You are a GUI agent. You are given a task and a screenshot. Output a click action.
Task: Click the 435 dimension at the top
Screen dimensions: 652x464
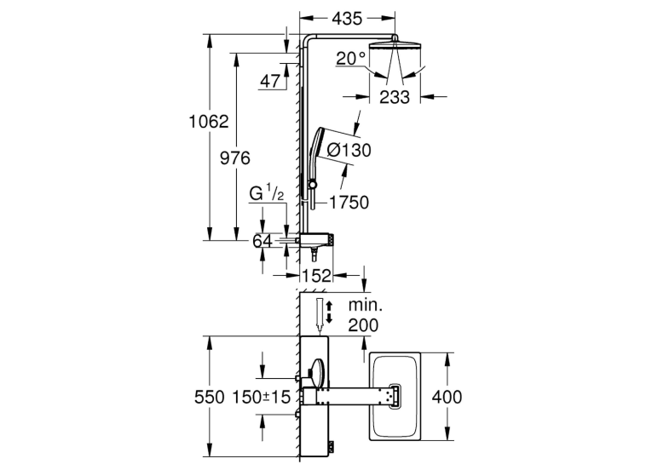(x=347, y=19)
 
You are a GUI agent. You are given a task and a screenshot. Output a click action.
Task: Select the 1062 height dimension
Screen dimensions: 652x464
(x=209, y=122)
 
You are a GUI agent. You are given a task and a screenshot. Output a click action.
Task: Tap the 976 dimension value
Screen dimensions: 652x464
(x=235, y=158)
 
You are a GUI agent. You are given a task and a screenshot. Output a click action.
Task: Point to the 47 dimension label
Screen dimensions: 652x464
(x=270, y=82)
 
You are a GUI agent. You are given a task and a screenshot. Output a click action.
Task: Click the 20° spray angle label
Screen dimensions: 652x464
(x=350, y=59)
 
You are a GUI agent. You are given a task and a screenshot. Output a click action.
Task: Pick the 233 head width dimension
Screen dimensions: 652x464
(x=395, y=97)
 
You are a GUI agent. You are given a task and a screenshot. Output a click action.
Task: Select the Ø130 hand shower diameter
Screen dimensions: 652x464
(x=349, y=150)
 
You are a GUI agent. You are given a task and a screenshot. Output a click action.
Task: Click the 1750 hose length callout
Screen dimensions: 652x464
(x=349, y=203)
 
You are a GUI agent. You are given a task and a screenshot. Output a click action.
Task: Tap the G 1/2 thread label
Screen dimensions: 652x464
(x=267, y=194)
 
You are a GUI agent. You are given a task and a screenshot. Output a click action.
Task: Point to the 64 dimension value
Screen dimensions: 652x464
(x=263, y=241)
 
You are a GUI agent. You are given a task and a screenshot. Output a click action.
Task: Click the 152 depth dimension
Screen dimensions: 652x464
(x=317, y=275)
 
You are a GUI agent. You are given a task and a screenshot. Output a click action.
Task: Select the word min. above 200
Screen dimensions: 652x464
(x=365, y=306)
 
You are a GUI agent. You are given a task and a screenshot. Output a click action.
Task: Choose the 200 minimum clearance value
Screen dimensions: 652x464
(x=363, y=325)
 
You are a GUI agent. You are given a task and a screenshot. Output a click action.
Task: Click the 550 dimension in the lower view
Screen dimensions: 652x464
(x=210, y=398)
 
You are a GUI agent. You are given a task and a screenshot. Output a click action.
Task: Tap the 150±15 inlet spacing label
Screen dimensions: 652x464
(x=261, y=398)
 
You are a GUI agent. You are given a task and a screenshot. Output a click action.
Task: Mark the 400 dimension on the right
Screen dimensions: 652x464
(x=447, y=397)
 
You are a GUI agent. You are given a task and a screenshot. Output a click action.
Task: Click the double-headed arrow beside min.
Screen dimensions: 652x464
(x=329, y=312)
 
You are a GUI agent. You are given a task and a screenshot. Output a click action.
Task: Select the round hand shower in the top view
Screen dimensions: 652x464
(x=314, y=372)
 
